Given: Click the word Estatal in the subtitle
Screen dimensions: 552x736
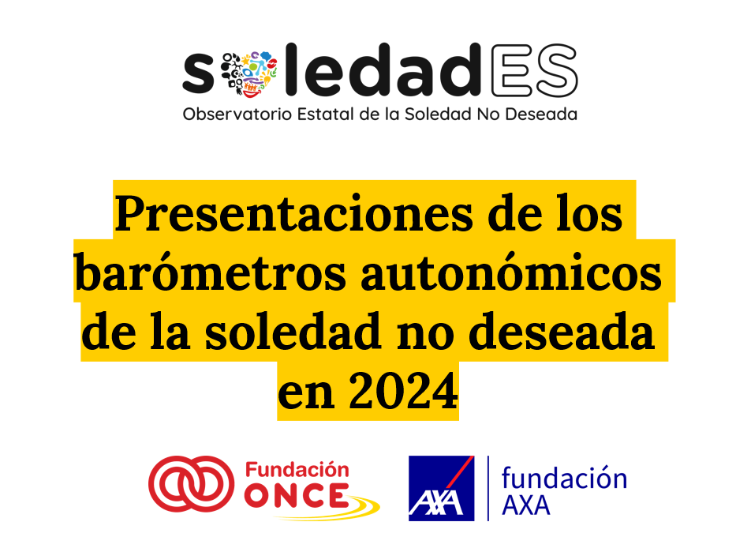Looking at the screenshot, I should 325,114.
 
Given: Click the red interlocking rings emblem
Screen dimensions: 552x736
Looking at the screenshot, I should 191,483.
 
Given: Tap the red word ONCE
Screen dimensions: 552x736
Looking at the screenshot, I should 297,495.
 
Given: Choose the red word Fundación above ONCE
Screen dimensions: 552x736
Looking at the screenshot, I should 297,471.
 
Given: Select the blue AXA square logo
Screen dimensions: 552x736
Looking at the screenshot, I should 441,488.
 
